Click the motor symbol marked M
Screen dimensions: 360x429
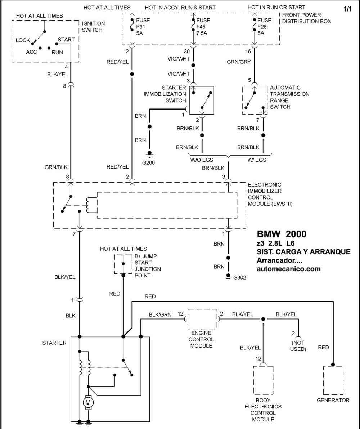88,402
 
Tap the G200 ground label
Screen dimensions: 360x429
148,162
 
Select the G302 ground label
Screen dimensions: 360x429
239,277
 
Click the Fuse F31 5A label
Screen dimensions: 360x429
143,27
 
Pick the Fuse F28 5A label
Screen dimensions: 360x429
264,27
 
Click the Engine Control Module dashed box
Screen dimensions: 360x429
202,319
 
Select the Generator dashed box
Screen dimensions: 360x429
333,380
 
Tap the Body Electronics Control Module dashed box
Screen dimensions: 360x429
263,380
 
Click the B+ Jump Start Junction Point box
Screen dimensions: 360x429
123,264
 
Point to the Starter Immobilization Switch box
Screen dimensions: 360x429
202,100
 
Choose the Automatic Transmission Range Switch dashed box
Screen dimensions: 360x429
255,100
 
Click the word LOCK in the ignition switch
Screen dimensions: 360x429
23,40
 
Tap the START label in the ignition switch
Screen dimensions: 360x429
66,40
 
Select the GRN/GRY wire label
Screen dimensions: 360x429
239,62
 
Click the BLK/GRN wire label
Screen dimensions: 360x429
160,315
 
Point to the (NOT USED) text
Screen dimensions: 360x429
298,346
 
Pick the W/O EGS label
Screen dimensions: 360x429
202,160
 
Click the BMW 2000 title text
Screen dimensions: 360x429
282,234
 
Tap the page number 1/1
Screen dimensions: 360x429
348,9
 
